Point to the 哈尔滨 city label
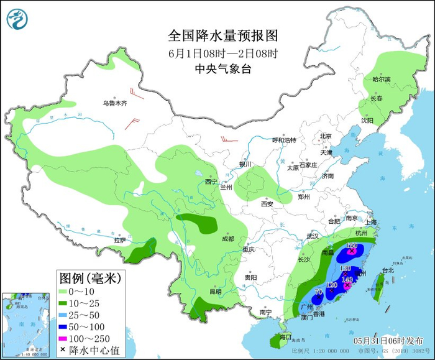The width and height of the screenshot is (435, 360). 381,80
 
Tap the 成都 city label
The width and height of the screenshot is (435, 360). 228,239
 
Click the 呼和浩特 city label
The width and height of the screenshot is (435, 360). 285,140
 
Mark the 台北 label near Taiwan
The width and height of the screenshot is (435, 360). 387,270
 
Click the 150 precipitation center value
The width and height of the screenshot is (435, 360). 352,246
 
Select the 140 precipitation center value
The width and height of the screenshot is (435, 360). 347,280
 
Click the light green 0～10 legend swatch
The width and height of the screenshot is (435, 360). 64,291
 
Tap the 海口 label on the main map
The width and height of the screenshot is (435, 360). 285,336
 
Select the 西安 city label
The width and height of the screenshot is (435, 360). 267,203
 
